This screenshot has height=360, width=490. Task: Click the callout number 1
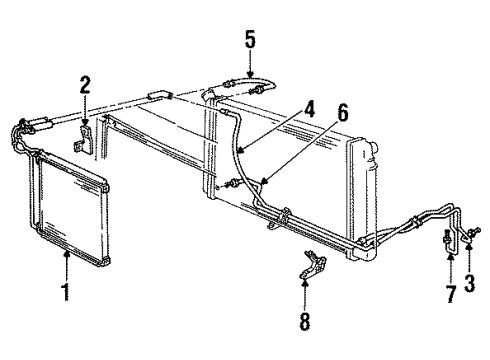pyautogui.click(x=67, y=295)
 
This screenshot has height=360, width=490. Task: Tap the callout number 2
pyautogui.click(x=85, y=84)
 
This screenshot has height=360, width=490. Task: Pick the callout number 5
pyautogui.click(x=251, y=41)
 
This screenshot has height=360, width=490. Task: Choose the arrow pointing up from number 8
pyautogui.click(x=306, y=286)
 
